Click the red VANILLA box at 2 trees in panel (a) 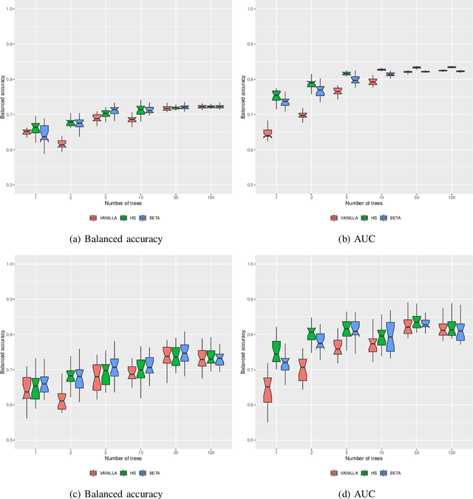(x=62, y=144)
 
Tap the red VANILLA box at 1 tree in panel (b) (x=268, y=134)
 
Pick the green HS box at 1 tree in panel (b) (x=276, y=95)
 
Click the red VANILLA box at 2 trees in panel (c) (x=62, y=401)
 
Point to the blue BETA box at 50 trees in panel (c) (x=185, y=353)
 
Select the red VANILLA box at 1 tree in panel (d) (x=268, y=389)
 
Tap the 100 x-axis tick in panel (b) (x=451, y=199)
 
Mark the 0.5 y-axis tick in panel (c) (x=10, y=440)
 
